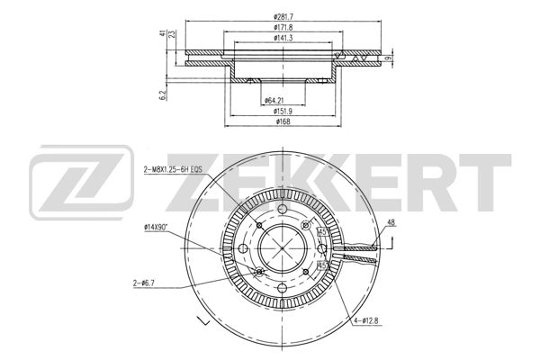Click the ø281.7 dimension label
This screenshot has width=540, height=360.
coord(283,16)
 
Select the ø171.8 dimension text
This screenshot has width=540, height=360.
coord(283,27)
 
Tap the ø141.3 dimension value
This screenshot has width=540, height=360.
coord(283,38)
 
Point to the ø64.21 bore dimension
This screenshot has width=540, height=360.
coord(274,101)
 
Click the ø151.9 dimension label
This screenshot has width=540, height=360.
coord(283,111)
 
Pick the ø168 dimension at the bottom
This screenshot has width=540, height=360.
coord(283,121)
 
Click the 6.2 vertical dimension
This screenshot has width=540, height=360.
coord(163,95)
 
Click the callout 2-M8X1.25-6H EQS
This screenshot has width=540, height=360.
coord(172,169)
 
